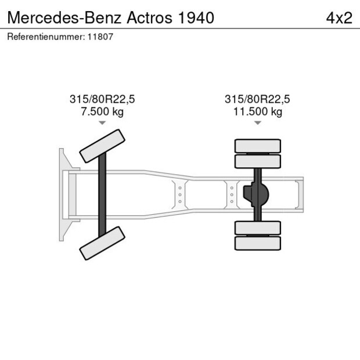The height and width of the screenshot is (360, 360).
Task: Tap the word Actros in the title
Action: coord(149,18)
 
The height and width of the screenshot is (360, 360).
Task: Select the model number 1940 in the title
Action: coord(196,18)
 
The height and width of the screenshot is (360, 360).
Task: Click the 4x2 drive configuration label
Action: coord(339,18)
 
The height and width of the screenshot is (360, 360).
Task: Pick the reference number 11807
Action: coord(100,37)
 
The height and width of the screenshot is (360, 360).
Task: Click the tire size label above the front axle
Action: coord(102,99)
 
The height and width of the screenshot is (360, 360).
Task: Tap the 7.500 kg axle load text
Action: coord(102,112)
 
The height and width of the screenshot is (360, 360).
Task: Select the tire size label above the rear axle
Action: coord(257,99)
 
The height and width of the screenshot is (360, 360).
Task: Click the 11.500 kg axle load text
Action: coord(258,112)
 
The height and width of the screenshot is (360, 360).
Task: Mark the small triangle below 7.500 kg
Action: coord(102,123)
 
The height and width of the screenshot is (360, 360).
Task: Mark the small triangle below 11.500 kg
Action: coord(258,123)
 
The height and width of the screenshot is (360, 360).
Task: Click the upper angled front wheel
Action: coord(102,146)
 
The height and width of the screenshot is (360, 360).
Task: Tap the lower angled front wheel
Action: coord(102,243)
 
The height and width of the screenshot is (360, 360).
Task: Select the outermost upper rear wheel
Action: coord(258,146)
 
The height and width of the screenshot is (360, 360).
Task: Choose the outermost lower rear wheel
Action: coord(258,243)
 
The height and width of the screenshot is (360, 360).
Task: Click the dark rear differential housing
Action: coord(256,195)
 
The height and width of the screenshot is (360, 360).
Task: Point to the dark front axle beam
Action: coord(102,195)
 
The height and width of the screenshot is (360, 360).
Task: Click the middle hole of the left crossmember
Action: coord(180,195)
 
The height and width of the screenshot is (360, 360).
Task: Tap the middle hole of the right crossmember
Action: coord(232,195)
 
